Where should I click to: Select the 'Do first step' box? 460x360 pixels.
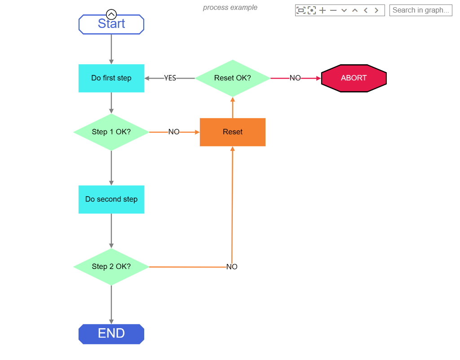coord(111,78)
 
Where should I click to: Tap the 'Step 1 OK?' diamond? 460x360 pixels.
coord(111,132)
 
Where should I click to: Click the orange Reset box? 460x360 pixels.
coord(232,132)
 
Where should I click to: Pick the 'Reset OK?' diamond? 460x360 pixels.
coord(232,78)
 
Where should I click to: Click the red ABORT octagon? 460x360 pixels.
coord(354,78)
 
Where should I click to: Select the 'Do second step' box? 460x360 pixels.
coord(111,199)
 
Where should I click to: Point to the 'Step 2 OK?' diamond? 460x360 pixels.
coord(111,267)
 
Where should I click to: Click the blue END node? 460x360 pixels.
coord(111,334)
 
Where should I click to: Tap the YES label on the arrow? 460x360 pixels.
coord(170,78)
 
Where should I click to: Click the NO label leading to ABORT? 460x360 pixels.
coord(295,78)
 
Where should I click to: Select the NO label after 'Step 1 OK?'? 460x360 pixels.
coord(174,132)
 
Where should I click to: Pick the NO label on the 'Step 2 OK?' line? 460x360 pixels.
coord(232,267)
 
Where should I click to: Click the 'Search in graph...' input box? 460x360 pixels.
coord(420,10)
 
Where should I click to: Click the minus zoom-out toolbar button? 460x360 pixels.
coord(333,10)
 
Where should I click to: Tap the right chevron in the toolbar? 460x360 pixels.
coord(376,10)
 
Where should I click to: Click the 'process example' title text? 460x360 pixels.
coord(230,8)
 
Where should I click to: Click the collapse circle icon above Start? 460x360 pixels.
coord(111,14)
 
